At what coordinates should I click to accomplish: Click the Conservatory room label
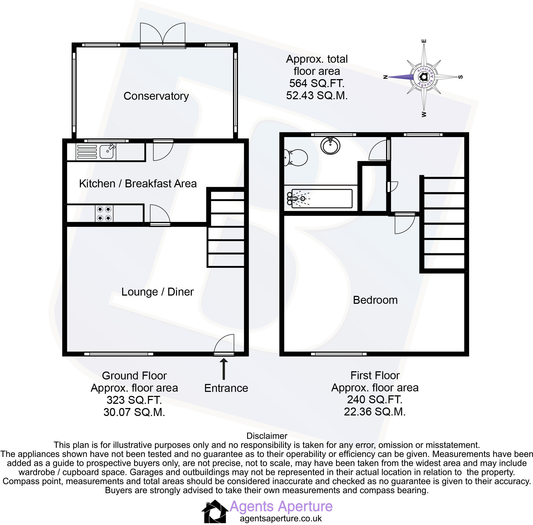tap(156, 96)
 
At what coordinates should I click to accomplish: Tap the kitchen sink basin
tap(106, 152)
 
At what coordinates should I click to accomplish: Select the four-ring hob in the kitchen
tap(104, 214)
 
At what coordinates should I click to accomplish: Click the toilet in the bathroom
tap(296, 158)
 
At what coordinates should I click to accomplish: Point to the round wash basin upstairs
tap(330, 145)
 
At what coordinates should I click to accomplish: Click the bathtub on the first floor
tap(321, 198)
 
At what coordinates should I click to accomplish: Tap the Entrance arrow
tap(224, 369)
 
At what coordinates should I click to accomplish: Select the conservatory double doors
tap(163, 34)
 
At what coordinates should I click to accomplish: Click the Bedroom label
tap(375, 300)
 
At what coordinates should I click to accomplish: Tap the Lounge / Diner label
tap(157, 292)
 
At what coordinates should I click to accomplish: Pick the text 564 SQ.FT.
tap(317, 83)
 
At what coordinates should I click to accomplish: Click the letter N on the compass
tap(386, 77)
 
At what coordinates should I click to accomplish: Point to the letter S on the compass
tap(460, 77)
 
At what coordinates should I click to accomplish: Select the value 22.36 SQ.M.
tap(375, 412)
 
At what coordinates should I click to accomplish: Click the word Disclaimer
tap(267, 436)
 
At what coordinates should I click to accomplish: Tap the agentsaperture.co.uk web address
tap(281, 518)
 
